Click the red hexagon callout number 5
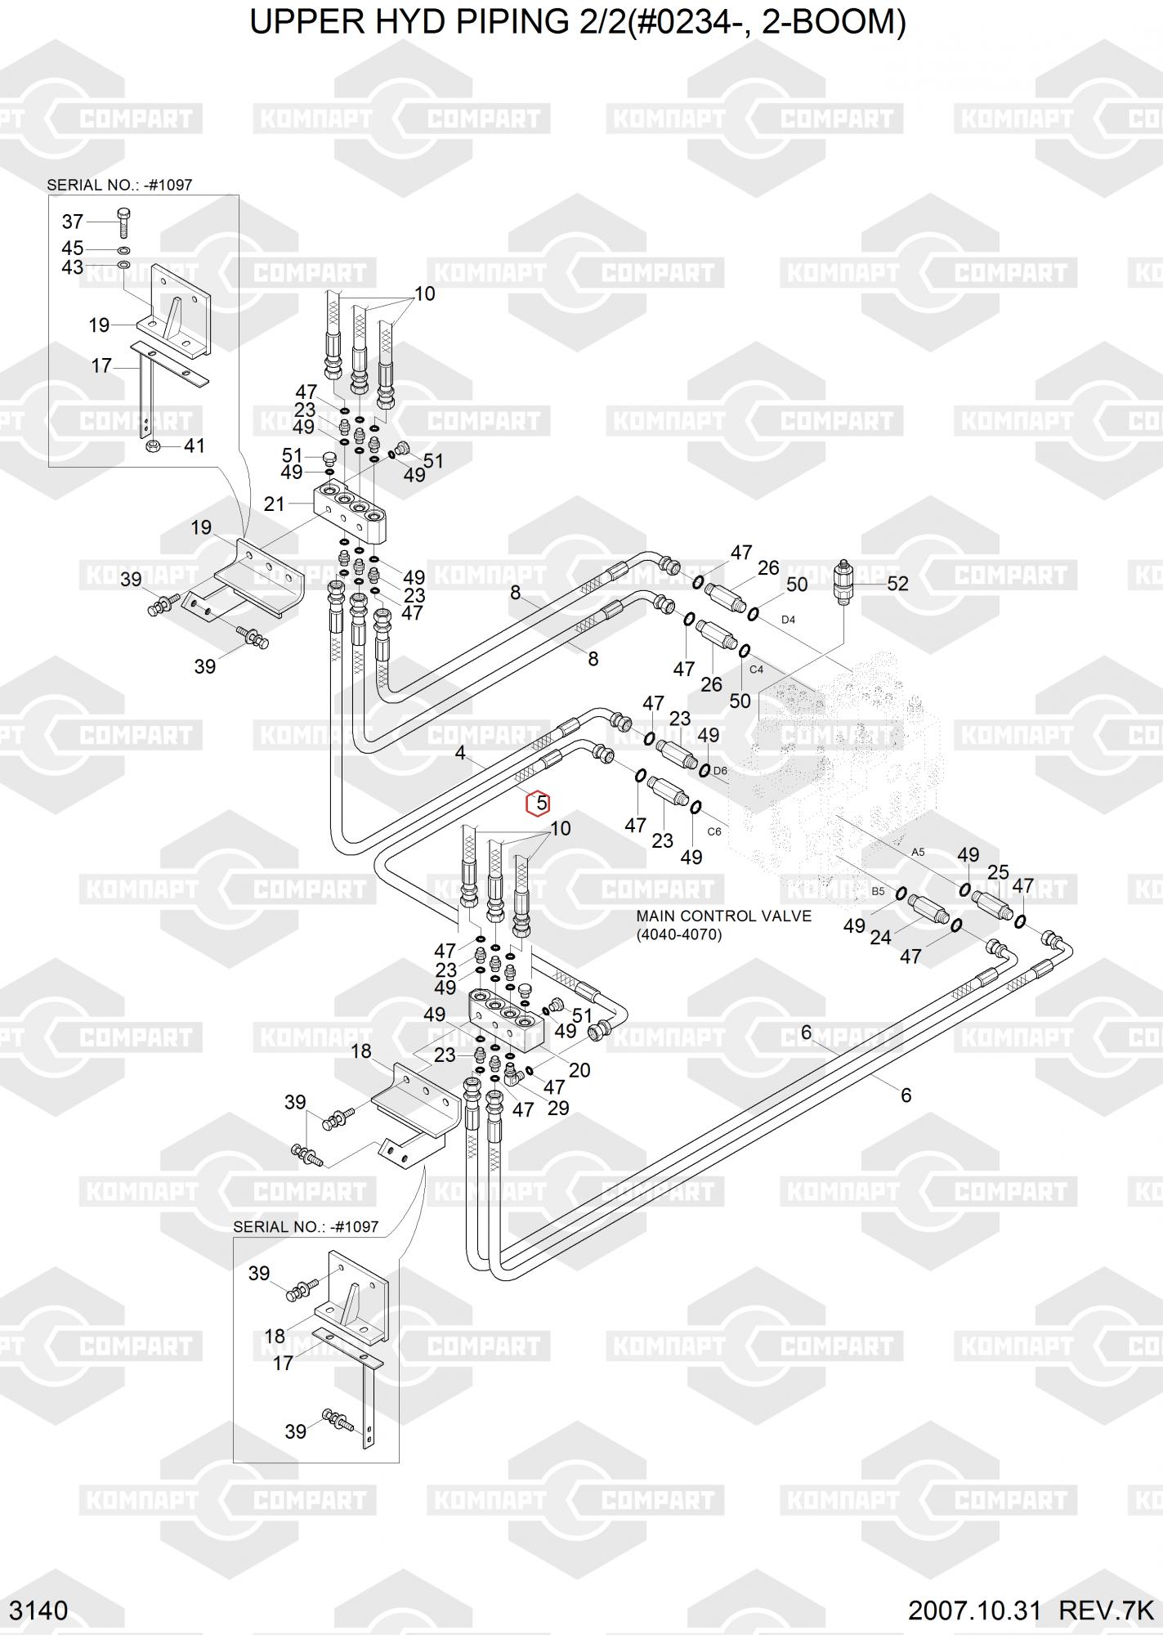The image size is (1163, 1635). coord(539,804)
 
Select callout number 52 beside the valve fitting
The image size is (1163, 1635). coord(897,583)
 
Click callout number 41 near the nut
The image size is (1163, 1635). coord(194,446)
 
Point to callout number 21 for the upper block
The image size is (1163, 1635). coord(275,504)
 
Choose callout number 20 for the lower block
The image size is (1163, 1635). coord(579,1069)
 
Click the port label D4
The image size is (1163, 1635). coord(788,620)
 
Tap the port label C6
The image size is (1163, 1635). coord(714,831)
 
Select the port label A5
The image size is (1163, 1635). coord(918,852)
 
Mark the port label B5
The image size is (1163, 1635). coord(878,891)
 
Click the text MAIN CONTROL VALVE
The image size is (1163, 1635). coord(724,916)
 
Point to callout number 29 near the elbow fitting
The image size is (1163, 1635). coord(558,1108)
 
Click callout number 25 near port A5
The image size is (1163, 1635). coord(998,872)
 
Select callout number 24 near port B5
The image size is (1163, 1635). coord(880,938)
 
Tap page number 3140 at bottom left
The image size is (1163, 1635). coord(38,1610)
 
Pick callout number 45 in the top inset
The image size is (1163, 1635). coord(73,248)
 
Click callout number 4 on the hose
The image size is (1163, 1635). coord(460,752)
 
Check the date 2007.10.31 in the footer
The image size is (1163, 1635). coord(975,1610)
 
